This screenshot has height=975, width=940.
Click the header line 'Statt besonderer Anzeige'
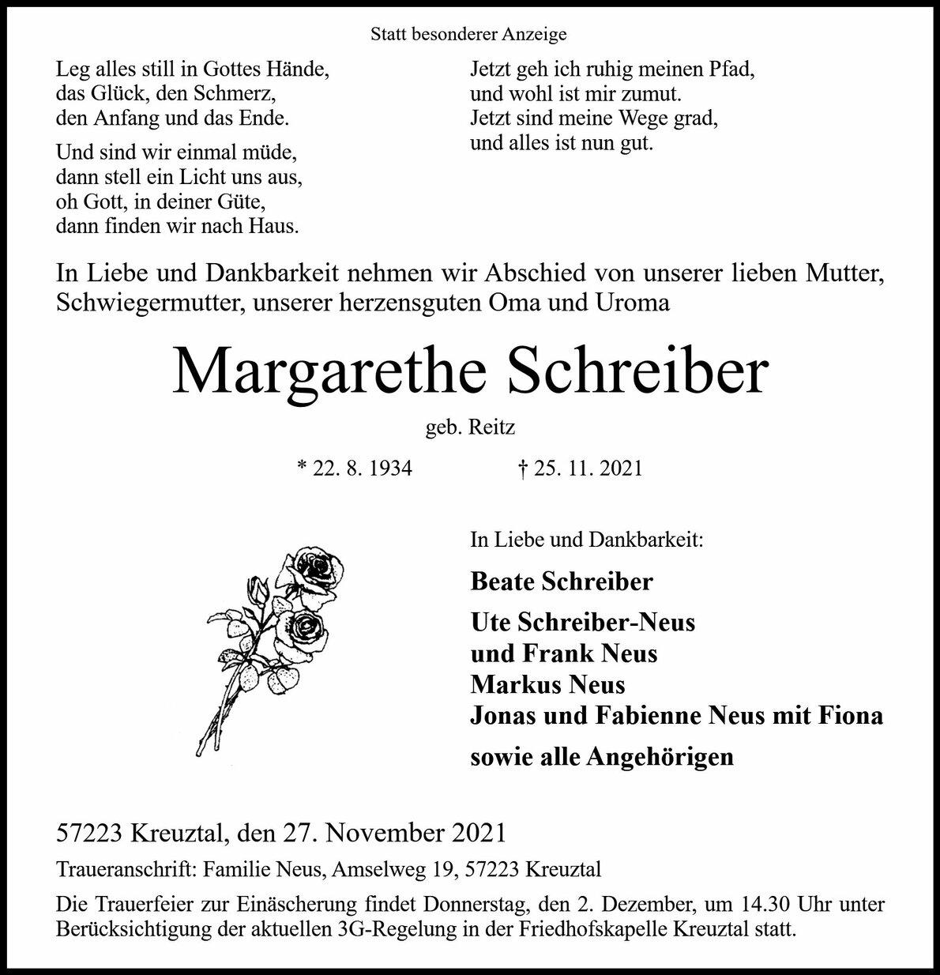pyautogui.click(x=468, y=35)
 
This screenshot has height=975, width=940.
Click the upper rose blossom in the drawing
pyautogui.click(x=319, y=570)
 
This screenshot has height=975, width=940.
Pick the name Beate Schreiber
pyautogui.click(x=562, y=582)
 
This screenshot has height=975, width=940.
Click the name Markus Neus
pyautogui.click(x=547, y=684)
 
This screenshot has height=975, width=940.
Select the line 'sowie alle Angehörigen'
pyautogui.click(x=602, y=757)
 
